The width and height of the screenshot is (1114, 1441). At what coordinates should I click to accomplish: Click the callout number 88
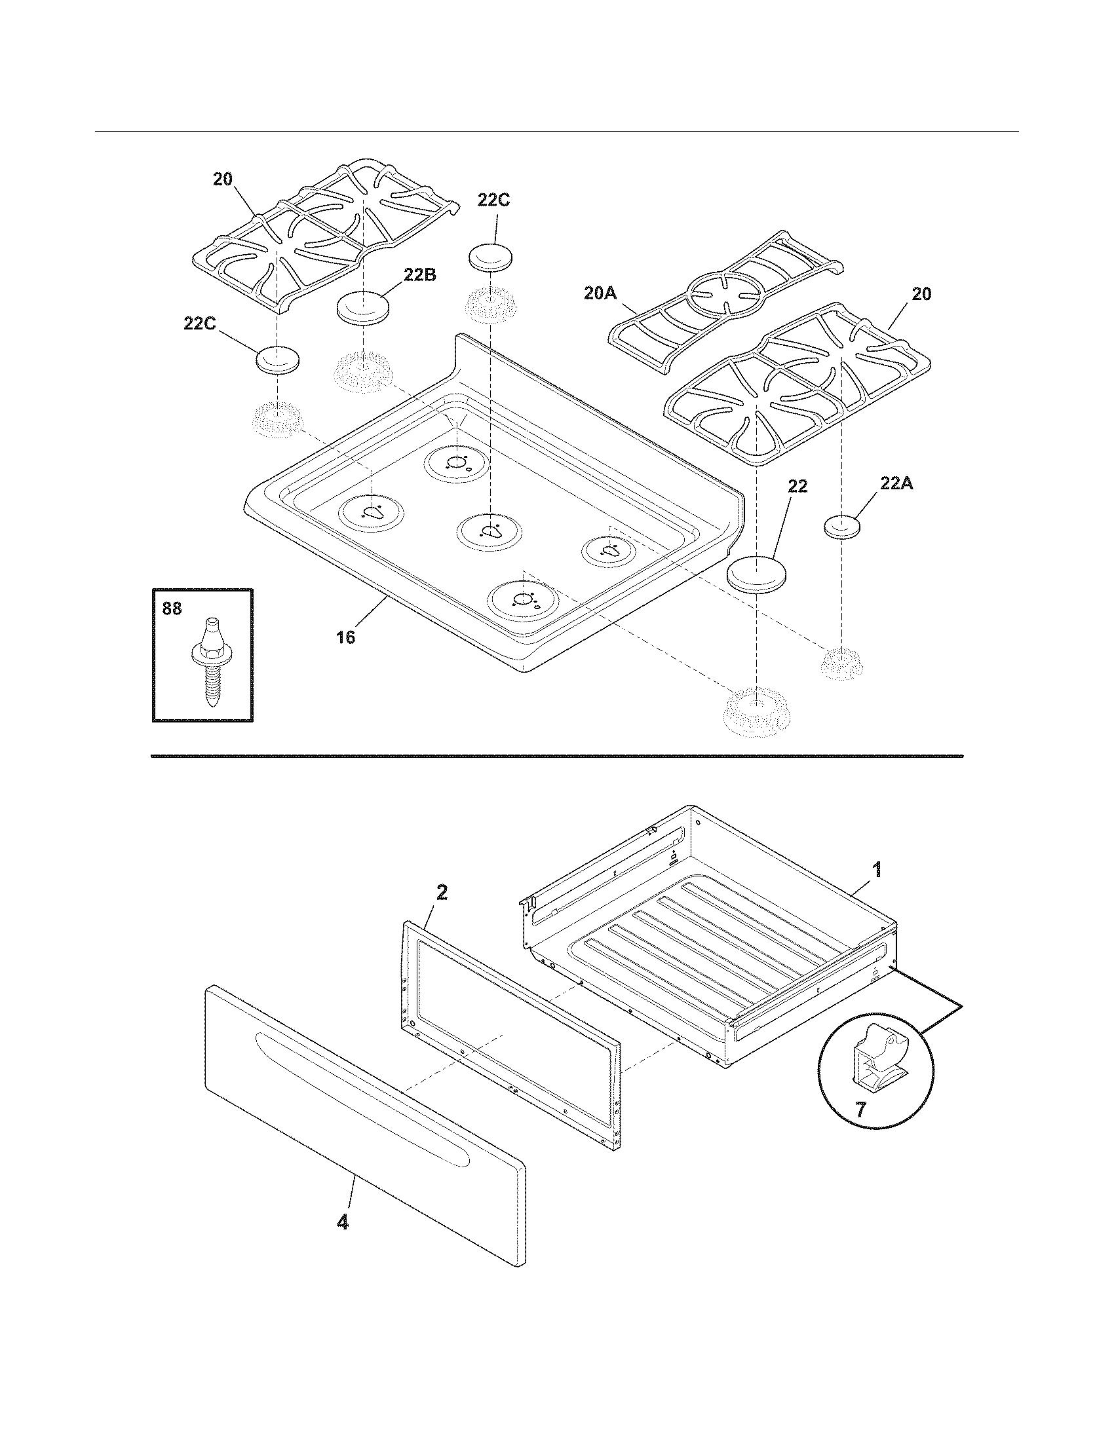pos(172,608)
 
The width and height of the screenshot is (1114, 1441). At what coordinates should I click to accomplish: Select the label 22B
pos(421,275)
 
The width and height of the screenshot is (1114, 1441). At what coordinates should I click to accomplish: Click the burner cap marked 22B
pos(363,307)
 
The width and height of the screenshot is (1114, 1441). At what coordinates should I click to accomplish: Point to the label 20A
pos(600,293)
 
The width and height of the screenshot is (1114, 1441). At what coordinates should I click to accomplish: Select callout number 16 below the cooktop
pos(346,637)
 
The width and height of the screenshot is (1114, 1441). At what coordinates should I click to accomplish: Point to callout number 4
pos(342,1222)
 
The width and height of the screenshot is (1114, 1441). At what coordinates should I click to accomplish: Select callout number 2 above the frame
pos(442,893)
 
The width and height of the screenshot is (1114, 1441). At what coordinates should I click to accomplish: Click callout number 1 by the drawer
pos(876,870)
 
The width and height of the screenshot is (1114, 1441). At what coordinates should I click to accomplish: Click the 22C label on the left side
pos(199,324)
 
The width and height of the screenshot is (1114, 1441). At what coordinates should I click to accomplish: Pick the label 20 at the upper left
pos(222,179)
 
